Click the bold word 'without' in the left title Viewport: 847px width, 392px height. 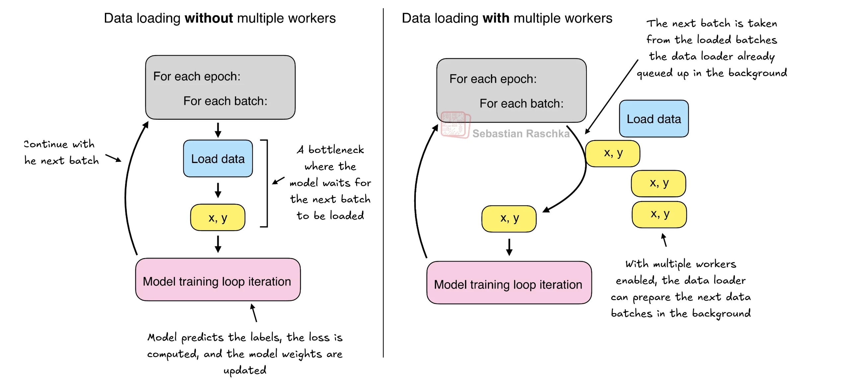pos(209,18)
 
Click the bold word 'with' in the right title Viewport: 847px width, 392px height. pos(496,18)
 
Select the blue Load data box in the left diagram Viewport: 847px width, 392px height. pos(218,159)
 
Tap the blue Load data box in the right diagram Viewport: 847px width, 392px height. pos(654,119)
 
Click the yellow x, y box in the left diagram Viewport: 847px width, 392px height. pos(218,218)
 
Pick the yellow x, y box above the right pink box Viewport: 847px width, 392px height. pos(509,219)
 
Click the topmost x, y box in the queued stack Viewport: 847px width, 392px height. pos(612,153)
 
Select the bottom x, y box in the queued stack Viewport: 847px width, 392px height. pos(659,215)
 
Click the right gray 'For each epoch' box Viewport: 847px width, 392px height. pos(511,90)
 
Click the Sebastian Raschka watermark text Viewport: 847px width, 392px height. pos(521,134)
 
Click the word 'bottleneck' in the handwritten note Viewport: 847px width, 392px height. pos(336,150)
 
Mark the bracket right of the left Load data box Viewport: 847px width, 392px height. pos(266,183)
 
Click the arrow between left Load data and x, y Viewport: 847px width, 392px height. pos(218,190)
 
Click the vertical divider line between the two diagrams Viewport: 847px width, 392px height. pos(383,182)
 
